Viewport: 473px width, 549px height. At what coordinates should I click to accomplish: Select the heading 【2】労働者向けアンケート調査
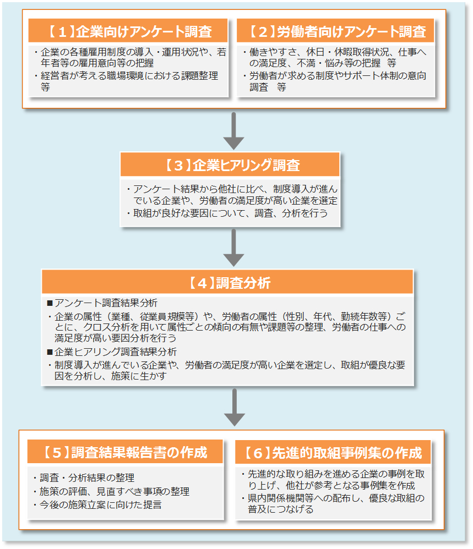[336, 31]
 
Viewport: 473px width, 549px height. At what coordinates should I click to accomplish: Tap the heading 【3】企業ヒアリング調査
[230, 164]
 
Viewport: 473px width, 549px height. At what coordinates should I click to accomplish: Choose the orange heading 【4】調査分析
[227, 283]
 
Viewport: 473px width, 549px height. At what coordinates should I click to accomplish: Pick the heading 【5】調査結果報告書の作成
[125, 452]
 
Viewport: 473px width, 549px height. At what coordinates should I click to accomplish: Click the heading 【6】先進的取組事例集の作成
[333, 452]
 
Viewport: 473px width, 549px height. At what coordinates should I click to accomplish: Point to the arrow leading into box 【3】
[234, 131]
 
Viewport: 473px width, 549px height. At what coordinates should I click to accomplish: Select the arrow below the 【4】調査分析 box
[234, 407]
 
